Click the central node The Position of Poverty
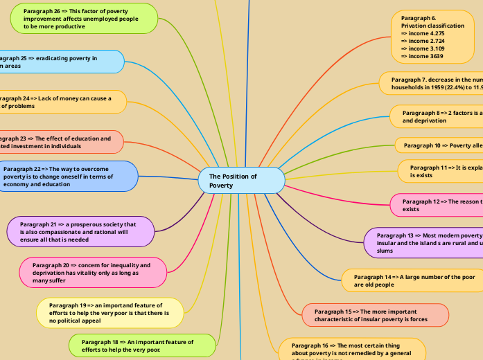click(241, 181)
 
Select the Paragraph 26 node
click(84, 19)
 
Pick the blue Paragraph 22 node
click(67, 177)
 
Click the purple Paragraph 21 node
click(80, 232)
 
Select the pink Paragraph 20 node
click(94, 272)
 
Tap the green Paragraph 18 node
click(142, 345)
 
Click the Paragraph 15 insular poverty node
click(375, 316)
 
